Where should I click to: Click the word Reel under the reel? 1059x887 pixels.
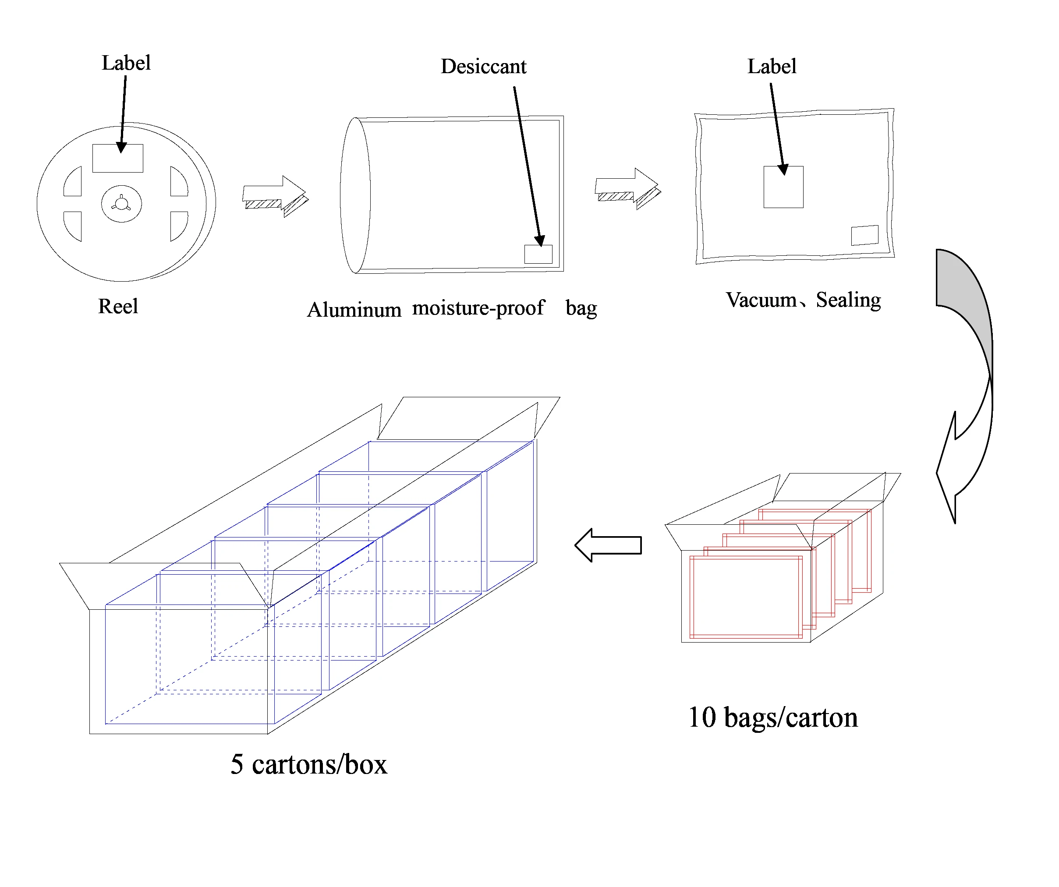118,306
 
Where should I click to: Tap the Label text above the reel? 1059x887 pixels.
126,63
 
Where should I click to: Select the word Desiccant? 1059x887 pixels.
483,67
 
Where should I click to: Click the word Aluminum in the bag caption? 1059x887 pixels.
354,310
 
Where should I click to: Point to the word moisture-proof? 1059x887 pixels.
478,307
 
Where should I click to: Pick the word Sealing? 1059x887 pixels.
848,300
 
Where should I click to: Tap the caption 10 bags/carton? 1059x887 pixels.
772,717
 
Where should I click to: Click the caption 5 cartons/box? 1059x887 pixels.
308,764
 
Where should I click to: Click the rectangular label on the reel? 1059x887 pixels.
117,158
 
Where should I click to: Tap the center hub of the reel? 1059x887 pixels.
121,204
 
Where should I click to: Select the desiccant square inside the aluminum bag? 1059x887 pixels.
538,254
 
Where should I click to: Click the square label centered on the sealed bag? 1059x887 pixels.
783,187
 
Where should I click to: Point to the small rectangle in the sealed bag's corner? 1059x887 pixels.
864,235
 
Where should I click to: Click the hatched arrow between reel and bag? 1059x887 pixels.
275,196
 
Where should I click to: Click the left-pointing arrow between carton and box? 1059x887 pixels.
608,545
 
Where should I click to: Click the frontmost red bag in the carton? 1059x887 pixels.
745,597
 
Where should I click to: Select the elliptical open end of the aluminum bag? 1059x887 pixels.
355,196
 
